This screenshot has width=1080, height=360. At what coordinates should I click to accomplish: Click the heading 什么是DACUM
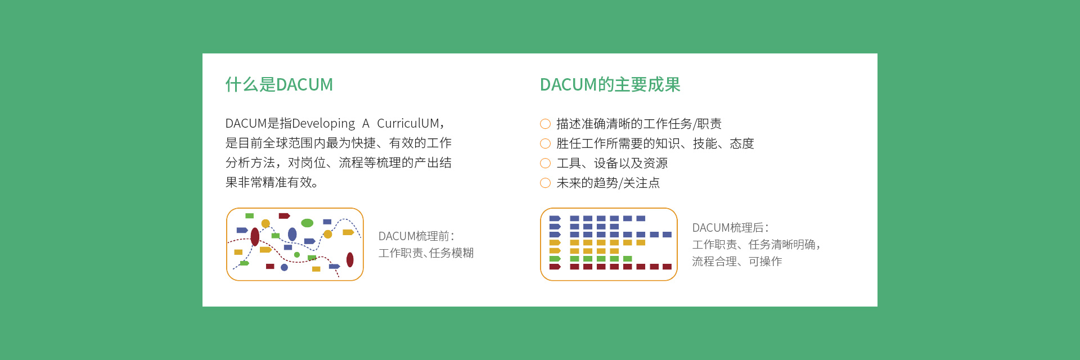[x=279, y=84]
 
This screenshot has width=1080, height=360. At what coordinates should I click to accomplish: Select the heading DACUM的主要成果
[x=610, y=84]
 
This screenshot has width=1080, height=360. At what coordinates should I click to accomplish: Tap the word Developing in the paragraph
[x=323, y=124]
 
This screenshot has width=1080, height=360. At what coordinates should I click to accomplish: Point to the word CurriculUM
[x=408, y=123]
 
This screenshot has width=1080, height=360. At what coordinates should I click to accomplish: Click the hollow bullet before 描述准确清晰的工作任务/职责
[x=545, y=124]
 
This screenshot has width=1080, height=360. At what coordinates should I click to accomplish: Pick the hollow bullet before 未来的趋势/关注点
[x=545, y=183]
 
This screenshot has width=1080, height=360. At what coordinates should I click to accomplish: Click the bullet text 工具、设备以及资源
[x=612, y=163]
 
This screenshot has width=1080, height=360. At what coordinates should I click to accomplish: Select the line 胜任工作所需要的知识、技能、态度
[x=655, y=143]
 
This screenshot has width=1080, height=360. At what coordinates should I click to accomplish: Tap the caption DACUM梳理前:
[x=416, y=236]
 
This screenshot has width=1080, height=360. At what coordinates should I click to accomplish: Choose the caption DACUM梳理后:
[x=730, y=228]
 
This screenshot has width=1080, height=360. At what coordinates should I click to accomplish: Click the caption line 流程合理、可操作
[x=737, y=262]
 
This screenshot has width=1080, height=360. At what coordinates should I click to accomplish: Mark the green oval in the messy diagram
[x=307, y=223]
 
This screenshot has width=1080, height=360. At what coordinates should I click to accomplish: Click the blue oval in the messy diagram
[x=292, y=234]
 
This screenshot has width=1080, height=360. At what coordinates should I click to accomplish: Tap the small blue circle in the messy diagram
[x=284, y=267]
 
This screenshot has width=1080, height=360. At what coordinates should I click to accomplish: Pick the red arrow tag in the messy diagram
[x=284, y=216]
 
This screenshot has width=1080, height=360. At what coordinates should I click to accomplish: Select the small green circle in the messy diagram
[x=297, y=255]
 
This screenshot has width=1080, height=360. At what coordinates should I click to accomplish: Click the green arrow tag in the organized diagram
[x=555, y=259]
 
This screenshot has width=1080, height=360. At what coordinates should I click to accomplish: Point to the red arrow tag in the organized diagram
[x=555, y=267]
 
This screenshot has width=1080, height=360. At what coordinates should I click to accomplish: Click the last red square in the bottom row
[x=667, y=267]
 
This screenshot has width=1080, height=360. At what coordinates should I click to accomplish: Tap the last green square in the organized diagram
[x=628, y=259]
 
